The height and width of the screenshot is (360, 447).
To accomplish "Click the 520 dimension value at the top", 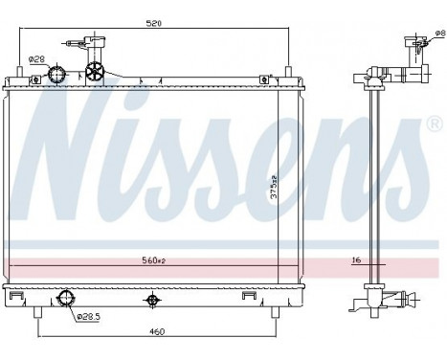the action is [154, 23].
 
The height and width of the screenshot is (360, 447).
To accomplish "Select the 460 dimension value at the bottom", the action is [157, 332].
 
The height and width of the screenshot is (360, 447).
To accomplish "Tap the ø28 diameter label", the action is [36, 59].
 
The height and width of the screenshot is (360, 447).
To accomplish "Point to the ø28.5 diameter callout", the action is [89, 316].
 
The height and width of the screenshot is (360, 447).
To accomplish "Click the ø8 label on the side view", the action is [440, 33].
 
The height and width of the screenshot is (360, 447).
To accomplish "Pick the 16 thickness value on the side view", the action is [356, 260].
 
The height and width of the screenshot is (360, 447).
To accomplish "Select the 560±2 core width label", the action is [154, 260].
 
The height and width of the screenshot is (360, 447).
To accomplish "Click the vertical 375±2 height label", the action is [274, 187].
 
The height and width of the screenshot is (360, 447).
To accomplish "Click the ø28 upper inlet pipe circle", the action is [56, 74].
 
